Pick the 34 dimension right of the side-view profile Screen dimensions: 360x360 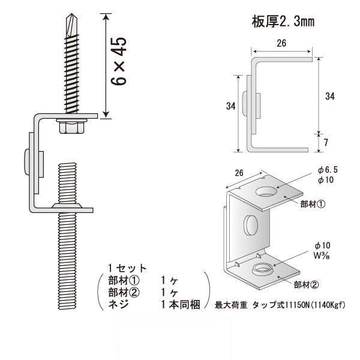tap(329, 96)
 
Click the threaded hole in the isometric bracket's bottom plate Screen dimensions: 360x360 tap(262, 268)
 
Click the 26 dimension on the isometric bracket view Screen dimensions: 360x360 tap(239, 173)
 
